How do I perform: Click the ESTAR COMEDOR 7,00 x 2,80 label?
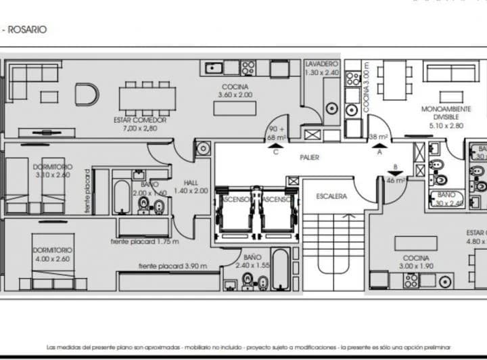pyautogui.click(x=140, y=124)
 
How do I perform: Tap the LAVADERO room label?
pyautogui.click(x=321, y=68)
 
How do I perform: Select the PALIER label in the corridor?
pyautogui.click(x=310, y=158)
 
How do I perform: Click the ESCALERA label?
pyautogui.click(x=331, y=196)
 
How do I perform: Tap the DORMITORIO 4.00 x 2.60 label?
pyautogui.click(x=52, y=254)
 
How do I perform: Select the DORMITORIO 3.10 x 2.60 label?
pyautogui.click(x=52, y=171)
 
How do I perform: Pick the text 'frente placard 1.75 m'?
pyautogui.click(x=145, y=242)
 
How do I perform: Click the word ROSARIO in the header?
pyautogui.click(x=28, y=30)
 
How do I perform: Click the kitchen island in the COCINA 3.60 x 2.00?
pyautogui.click(x=234, y=108)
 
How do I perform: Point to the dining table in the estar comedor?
pyautogui.click(x=147, y=98)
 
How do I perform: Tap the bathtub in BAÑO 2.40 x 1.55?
pyautogui.click(x=280, y=269)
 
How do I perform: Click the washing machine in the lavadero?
pyautogui.click(x=331, y=108)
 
